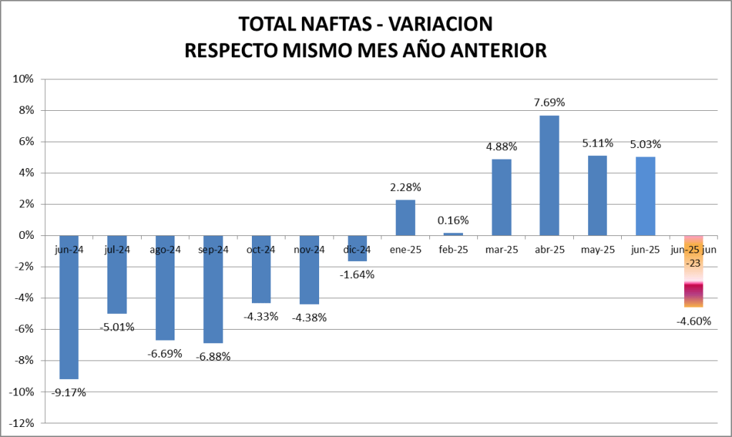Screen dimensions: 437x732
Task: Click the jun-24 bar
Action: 69,307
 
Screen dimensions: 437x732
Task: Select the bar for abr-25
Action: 550,175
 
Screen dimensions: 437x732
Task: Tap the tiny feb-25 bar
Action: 453,234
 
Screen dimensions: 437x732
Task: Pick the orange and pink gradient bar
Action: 693,272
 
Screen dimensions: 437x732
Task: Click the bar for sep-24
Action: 213,289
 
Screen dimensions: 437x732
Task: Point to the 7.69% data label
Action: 550,102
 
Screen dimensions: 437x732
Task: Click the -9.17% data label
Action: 69,391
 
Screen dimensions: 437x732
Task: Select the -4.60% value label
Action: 693,320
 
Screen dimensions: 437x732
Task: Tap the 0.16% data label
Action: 453,220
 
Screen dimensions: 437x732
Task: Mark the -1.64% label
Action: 357,274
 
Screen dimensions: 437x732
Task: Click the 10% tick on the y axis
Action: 23,79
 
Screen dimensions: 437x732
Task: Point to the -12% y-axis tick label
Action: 21,423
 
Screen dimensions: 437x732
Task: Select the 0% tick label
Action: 26,235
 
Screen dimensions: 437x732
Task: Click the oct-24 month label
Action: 260,250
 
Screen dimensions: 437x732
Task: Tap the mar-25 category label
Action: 501,250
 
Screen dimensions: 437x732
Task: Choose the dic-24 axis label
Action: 357,250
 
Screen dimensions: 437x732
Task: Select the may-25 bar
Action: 597,195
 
